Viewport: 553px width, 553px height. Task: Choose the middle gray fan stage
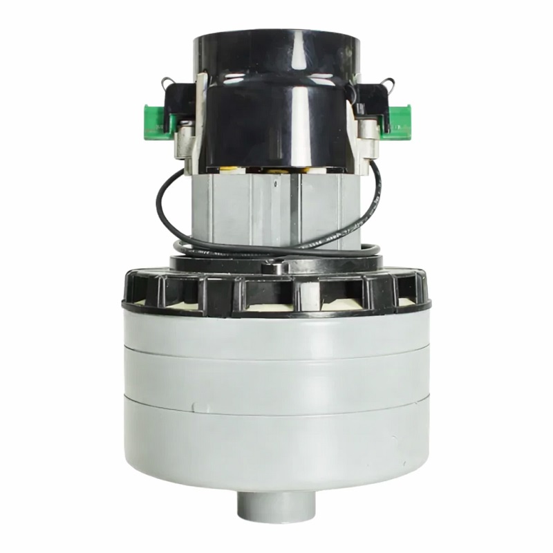(x=276, y=377)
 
